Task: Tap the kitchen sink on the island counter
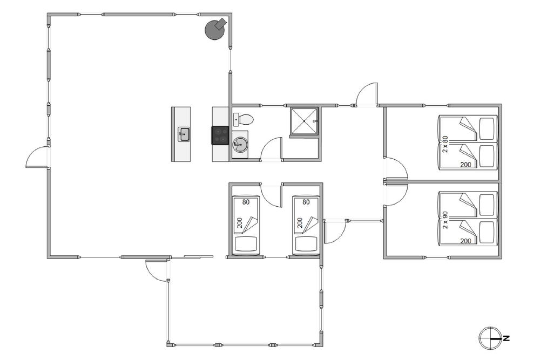point(184,134)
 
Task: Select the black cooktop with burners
point(220,135)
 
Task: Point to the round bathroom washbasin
point(240,145)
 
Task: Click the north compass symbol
point(490,338)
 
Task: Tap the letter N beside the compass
point(507,338)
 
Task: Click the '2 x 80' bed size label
point(446,144)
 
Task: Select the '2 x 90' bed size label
point(446,220)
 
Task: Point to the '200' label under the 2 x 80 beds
point(465,165)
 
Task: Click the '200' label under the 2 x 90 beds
point(465,241)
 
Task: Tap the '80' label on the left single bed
point(246,202)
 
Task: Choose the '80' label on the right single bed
point(306,202)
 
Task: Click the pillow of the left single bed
point(246,244)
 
